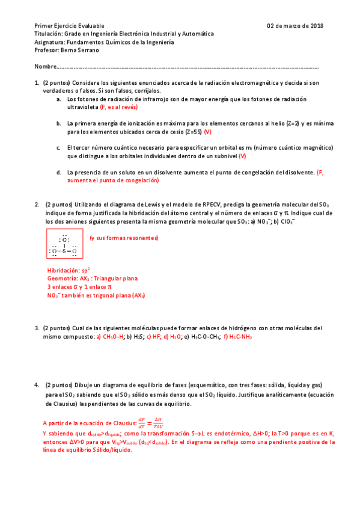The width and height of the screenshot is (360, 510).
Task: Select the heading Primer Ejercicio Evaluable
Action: coord(69,26)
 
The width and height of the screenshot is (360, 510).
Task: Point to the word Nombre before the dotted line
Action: coord(45,66)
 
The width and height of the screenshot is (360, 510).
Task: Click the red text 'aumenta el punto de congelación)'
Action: coord(112,180)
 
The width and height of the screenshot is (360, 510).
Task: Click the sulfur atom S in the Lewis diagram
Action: coord(64,251)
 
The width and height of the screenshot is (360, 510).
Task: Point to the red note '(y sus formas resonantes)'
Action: coord(124,238)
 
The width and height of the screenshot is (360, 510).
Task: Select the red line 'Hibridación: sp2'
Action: coord(69,270)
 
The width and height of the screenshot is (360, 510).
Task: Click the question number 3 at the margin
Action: coord(37,328)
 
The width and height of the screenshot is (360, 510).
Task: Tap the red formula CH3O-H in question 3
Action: coord(111,337)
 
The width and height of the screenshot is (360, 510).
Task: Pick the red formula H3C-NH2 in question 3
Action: coord(241,337)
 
